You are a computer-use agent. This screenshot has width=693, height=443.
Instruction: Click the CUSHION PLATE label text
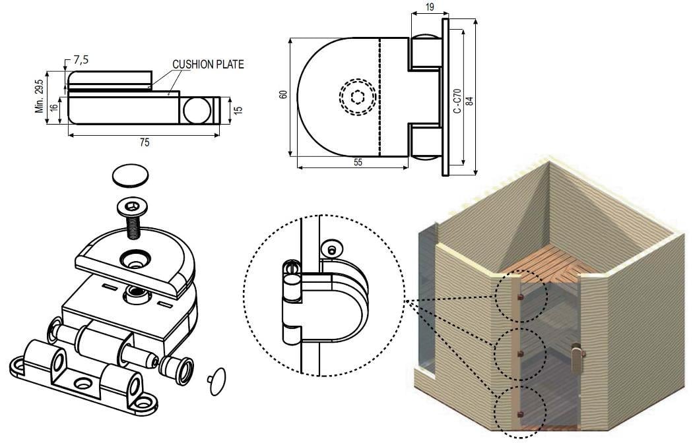pos(208,65)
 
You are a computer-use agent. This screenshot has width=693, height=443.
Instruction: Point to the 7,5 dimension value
pos(81,60)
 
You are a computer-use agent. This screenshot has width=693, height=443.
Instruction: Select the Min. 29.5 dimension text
pos(40,96)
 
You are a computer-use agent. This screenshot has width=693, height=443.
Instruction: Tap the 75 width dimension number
pos(144,142)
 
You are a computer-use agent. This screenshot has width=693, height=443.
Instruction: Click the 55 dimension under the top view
pos(358,163)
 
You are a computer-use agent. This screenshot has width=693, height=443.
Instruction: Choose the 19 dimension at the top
pos(429,7)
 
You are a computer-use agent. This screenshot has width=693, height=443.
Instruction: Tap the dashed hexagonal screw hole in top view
pos(357,97)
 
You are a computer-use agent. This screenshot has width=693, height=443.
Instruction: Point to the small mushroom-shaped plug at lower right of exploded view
pos(216,381)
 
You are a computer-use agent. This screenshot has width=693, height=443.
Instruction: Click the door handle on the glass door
pos(578,360)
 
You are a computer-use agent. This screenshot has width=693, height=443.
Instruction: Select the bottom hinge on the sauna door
pos(520,414)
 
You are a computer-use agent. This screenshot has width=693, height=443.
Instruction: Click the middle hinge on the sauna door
pos(520,355)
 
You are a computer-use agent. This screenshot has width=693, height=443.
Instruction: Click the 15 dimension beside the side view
pos(238,109)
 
